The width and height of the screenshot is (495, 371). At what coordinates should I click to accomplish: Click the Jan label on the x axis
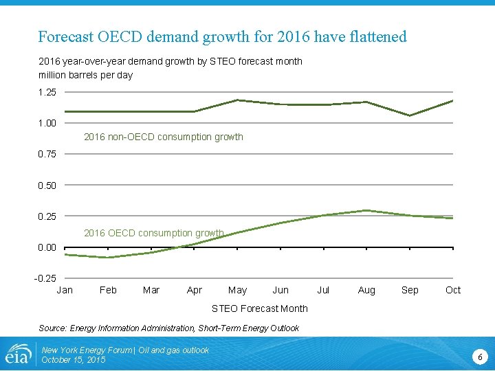(x=65, y=290)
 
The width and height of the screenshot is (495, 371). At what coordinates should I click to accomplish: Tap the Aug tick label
(x=366, y=290)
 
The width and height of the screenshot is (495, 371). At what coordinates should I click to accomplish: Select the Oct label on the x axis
(x=452, y=290)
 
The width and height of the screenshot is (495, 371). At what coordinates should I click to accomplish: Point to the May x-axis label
(x=237, y=290)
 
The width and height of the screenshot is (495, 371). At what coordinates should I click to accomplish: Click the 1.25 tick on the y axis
(x=47, y=92)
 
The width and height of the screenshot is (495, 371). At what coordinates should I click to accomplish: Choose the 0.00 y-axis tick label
(x=47, y=247)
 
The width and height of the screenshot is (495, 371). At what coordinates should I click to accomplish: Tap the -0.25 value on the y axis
(x=46, y=278)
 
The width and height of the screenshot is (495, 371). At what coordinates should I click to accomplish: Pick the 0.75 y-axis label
(x=47, y=154)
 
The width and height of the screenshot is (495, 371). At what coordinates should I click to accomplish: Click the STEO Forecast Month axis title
(x=259, y=308)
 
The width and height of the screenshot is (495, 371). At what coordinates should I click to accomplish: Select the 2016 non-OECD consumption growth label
(x=163, y=137)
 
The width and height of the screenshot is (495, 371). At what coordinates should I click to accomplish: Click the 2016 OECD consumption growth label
(x=153, y=233)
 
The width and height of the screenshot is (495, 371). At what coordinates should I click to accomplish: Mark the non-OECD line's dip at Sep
(x=410, y=115)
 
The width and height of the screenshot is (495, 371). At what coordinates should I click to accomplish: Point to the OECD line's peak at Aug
(x=366, y=210)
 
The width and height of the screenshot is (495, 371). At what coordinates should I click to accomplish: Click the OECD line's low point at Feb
(x=108, y=258)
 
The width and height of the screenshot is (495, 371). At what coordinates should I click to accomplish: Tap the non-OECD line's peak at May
(x=237, y=100)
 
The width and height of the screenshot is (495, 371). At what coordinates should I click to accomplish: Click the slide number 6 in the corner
(x=480, y=357)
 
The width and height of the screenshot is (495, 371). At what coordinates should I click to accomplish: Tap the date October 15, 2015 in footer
(x=74, y=360)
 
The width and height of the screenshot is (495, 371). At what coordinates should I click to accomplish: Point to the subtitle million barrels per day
(x=85, y=75)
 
